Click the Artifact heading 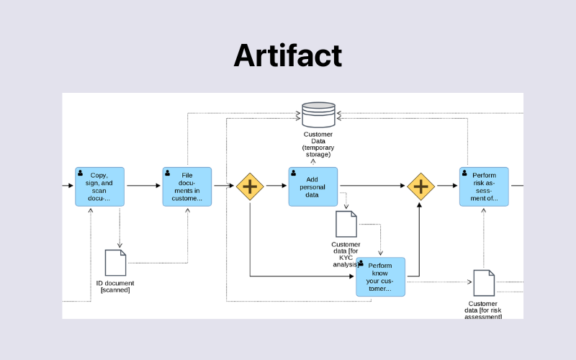coord(287,55)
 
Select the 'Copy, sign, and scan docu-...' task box coord(99,186)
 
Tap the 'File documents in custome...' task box coord(187,186)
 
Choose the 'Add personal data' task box coord(313,186)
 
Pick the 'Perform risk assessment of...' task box coord(484,186)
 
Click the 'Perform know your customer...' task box coord(380,277)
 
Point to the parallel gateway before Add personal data coord(250,186)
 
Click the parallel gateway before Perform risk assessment coord(420,186)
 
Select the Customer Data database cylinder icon coord(318,114)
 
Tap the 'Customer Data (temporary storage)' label coord(318,144)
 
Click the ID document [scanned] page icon coord(115,263)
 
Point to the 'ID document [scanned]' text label coord(115,287)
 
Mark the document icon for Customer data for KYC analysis coord(346,224)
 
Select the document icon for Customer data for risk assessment coord(484,283)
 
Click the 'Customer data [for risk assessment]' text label coord(483,310)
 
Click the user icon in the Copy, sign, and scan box coord(81,174)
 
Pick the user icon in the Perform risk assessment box coord(465,174)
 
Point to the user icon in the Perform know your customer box coord(361,264)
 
